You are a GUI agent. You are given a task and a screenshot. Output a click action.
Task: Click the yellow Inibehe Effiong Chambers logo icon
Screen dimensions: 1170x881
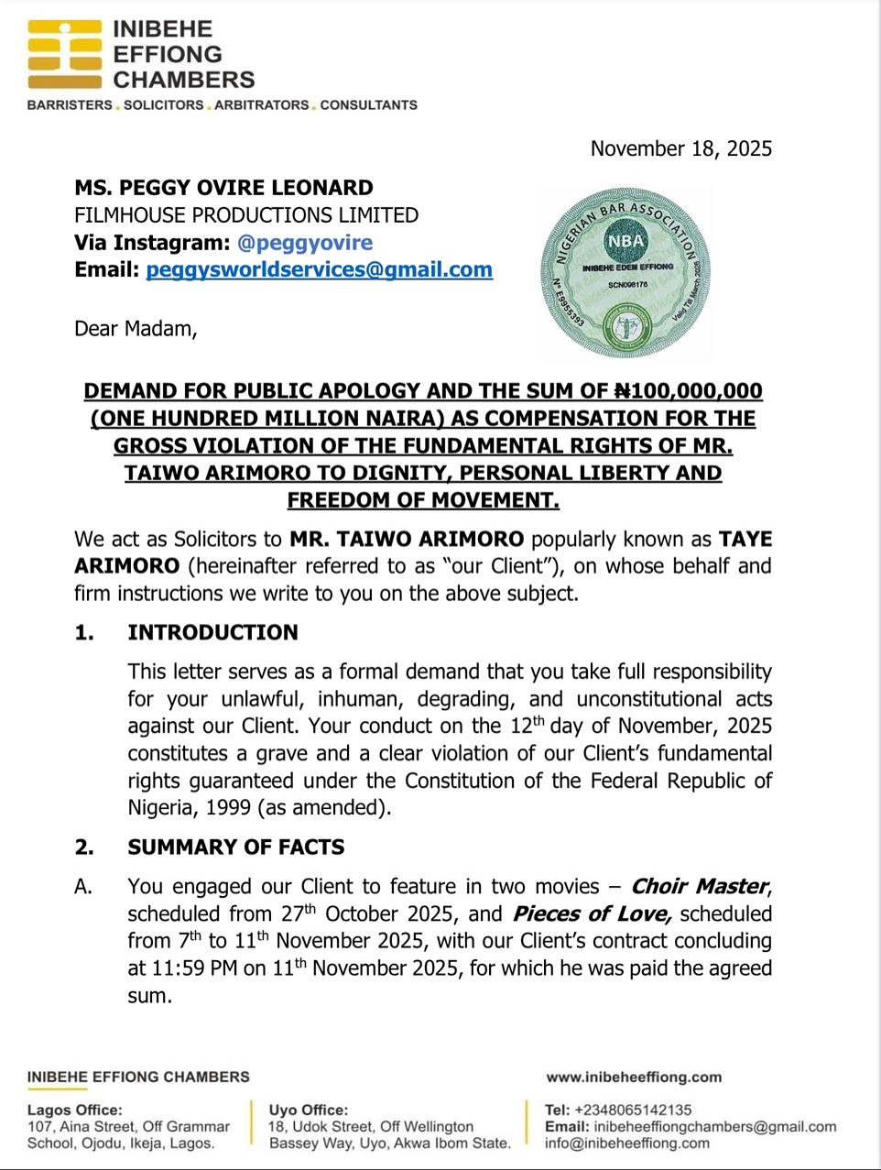click(x=64, y=54)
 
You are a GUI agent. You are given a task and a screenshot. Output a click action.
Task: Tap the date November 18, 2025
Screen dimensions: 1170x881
click(x=680, y=148)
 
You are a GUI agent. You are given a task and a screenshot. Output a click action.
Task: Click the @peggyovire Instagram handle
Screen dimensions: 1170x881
click(x=305, y=243)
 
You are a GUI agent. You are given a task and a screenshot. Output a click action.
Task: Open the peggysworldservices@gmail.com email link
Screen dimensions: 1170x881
click(x=319, y=269)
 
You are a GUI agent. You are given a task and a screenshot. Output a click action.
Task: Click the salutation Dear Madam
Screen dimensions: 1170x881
click(x=136, y=328)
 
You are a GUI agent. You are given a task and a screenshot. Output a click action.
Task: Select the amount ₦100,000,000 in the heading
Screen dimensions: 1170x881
click(x=687, y=391)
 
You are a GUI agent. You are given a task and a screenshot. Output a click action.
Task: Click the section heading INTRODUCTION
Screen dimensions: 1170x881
click(x=212, y=632)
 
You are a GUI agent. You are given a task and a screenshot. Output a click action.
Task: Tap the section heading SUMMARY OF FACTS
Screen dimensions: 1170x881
click(x=235, y=847)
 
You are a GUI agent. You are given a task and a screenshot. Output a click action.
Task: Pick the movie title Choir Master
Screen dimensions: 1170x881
click(x=700, y=886)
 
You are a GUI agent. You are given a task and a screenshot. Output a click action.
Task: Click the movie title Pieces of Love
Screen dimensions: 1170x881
click(x=593, y=913)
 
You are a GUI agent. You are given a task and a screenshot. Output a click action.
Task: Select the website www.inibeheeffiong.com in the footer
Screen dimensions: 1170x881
click(x=634, y=1077)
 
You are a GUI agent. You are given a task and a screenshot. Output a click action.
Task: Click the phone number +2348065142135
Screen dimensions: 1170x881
click(x=633, y=1110)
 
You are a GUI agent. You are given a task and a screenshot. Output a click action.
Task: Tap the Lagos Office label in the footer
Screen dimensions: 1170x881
click(x=74, y=1110)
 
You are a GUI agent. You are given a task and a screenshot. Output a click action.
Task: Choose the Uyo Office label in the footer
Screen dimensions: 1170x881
click(x=309, y=1110)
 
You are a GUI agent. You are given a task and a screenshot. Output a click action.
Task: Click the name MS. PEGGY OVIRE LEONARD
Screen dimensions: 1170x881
click(x=223, y=188)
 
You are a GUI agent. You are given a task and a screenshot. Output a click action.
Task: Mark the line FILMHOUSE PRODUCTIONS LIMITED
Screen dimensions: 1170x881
click(x=246, y=215)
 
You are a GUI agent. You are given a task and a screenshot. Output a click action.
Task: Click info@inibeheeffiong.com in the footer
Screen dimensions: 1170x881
click(x=626, y=1143)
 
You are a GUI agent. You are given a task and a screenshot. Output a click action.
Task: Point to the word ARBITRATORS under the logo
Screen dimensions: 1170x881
click(x=262, y=104)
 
